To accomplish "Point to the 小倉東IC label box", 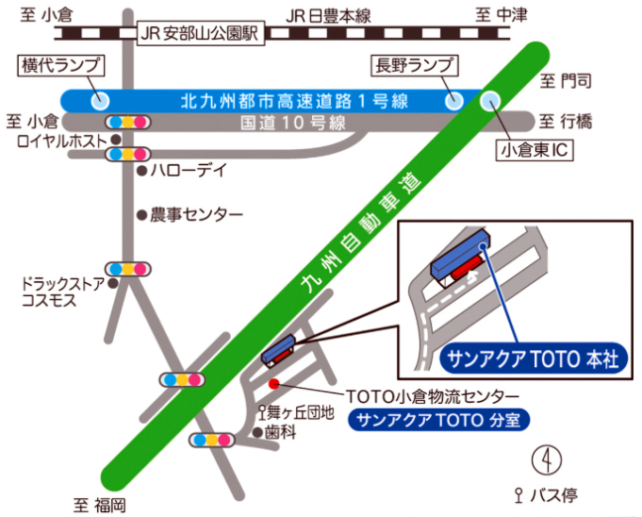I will click(x=535, y=150).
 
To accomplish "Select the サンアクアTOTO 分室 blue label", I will click(x=439, y=419).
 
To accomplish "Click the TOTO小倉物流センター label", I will click(x=433, y=396).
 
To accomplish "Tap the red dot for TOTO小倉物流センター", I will click(x=274, y=384).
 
